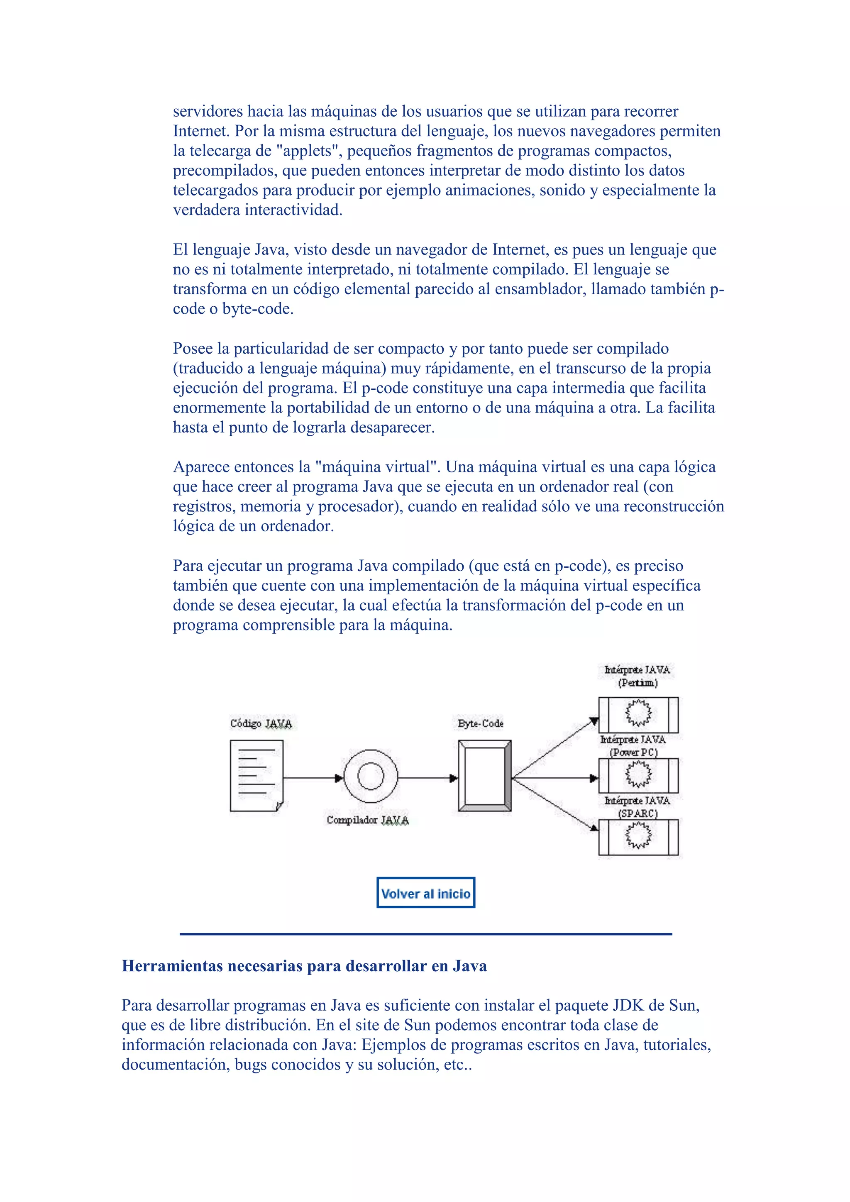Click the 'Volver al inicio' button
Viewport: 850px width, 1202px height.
pyautogui.click(x=425, y=893)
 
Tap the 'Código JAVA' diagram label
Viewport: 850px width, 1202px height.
pyautogui.click(x=261, y=723)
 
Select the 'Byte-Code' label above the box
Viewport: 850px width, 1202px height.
pyautogui.click(x=481, y=723)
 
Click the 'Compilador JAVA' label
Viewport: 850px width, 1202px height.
pyautogui.click(x=367, y=820)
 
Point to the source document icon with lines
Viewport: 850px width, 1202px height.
pyautogui.click(x=256, y=775)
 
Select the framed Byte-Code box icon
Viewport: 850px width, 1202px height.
pyautogui.click(x=484, y=776)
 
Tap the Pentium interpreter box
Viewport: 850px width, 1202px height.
pyautogui.click(x=638, y=715)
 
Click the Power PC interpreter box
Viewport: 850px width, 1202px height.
pyautogui.click(x=638, y=775)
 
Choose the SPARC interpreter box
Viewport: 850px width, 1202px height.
pyautogui.click(x=638, y=837)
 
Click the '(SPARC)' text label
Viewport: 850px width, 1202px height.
pyautogui.click(x=637, y=813)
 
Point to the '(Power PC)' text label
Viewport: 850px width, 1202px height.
pyautogui.click(x=633, y=752)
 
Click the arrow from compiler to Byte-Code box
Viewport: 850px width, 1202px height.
pyautogui.click(x=427, y=778)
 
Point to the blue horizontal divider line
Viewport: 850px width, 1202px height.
pyautogui.click(x=425, y=934)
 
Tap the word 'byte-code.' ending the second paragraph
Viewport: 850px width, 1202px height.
pyautogui.click(x=257, y=309)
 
